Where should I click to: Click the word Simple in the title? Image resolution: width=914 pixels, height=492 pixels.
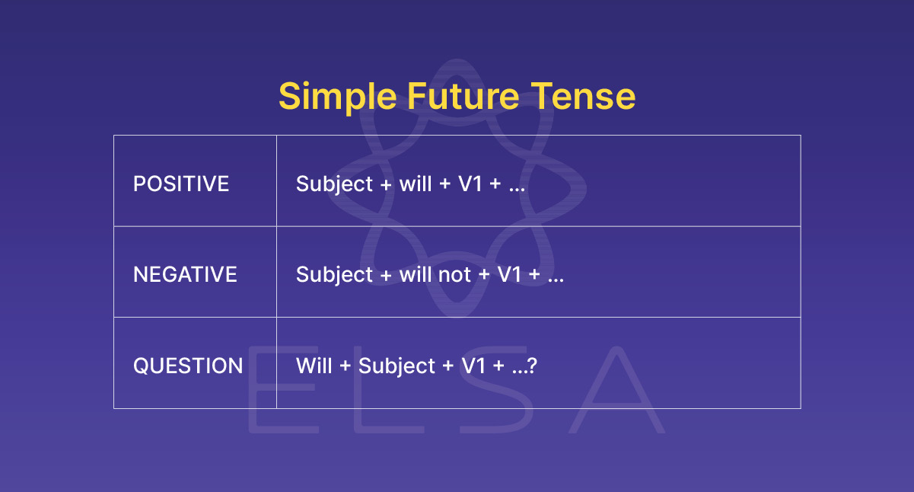pyautogui.click(x=337, y=97)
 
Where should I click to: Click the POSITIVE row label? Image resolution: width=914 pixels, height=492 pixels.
pyautogui.click(x=181, y=184)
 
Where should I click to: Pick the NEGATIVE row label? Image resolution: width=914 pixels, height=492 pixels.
pyautogui.click(x=185, y=274)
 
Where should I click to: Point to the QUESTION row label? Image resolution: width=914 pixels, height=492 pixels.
pyautogui.click(x=188, y=366)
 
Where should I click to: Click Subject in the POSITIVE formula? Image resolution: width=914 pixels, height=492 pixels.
pyautogui.click(x=335, y=184)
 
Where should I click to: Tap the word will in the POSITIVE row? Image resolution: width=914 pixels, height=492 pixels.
pyautogui.click(x=416, y=184)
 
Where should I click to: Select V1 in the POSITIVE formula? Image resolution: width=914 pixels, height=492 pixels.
pyautogui.click(x=470, y=184)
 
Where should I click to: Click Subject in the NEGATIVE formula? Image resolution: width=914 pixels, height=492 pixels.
pyautogui.click(x=335, y=275)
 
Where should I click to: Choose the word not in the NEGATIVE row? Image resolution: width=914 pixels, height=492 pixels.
pyautogui.click(x=454, y=275)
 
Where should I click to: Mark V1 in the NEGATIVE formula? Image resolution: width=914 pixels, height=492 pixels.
pyautogui.click(x=509, y=275)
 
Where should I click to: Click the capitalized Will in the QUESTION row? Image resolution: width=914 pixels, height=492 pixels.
pyautogui.click(x=314, y=366)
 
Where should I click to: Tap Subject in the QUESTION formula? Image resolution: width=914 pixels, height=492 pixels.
pyautogui.click(x=396, y=366)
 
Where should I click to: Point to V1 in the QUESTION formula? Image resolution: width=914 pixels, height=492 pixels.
pyautogui.click(x=473, y=366)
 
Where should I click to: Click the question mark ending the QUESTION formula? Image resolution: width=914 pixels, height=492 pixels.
pyautogui.click(x=533, y=366)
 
